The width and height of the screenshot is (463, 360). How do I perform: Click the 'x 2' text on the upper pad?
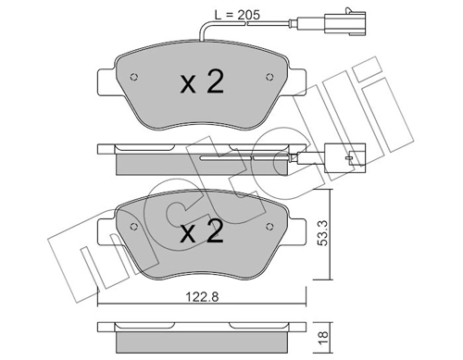tap(201, 83)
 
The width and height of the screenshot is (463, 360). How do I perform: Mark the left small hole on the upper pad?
tap(135, 77)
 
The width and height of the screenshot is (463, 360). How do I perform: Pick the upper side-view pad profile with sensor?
tap(201, 157)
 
